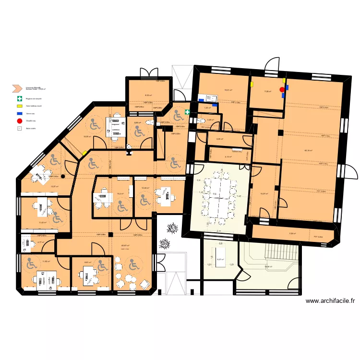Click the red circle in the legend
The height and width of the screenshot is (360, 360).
pos(19,121)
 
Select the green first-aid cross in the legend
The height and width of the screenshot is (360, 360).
pos(19,98)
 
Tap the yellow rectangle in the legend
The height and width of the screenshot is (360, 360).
pos(19,106)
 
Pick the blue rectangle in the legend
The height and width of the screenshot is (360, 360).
pos(19,113)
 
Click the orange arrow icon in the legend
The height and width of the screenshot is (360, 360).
pos(17,88)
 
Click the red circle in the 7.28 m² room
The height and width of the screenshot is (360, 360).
pos(282,89)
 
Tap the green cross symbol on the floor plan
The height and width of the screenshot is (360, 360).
pos(187,111)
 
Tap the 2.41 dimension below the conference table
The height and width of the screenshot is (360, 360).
pos(219,232)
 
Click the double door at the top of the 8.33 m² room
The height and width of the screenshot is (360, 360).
pos(148,72)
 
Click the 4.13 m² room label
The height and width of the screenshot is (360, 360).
pos(228,156)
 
